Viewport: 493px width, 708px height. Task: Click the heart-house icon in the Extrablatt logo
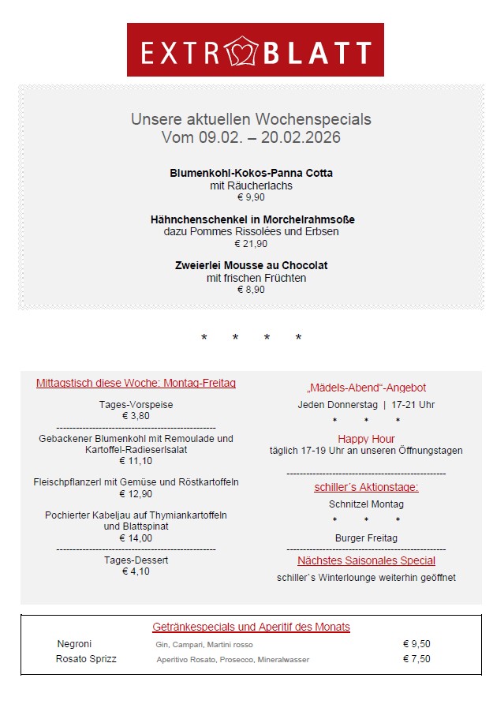click(x=242, y=52)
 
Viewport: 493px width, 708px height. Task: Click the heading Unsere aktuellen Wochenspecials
click(x=251, y=119)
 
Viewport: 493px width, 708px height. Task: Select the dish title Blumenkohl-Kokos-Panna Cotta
click(x=251, y=173)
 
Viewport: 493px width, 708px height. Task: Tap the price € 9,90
click(x=251, y=197)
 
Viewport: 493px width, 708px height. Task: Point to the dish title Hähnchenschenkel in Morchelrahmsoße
click(x=252, y=219)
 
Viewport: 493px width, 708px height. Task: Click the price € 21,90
click(x=251, y=244)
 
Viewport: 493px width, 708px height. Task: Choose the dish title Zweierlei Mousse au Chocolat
click(x=251, y=265)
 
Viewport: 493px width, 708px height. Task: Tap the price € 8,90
click(x=251, y=290)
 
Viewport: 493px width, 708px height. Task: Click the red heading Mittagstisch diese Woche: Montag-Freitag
click(x=136, y=384)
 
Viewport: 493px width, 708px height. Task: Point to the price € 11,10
click(x=136, y=461)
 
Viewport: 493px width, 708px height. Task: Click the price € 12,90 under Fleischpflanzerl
click(x=136, y=494)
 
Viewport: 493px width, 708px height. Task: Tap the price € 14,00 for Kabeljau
click(x=136, y=538)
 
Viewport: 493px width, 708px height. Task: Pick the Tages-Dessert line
click(x=136, y=560)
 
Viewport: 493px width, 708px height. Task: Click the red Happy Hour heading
click(x=366, y=439)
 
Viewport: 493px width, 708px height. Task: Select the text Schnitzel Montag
click(x=366, y=504)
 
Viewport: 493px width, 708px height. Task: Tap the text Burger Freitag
click(x=366, y=538)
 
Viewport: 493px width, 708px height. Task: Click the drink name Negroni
click(x=75, y=644)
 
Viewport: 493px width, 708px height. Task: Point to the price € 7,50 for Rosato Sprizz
click(x=416, y=659)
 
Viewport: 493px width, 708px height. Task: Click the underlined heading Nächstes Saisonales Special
click(x=366, y=560)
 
